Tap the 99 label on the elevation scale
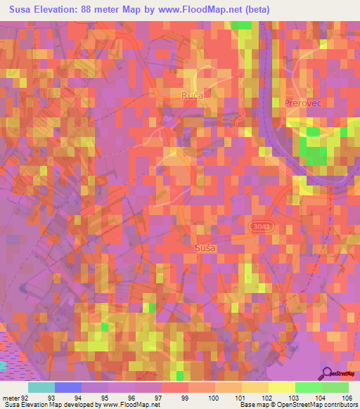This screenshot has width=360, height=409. (x=185, y=397)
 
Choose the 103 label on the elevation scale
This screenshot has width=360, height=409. (x=292, y=397)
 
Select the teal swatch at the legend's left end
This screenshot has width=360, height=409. (x=41, y=387)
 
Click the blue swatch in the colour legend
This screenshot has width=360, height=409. (x=68, y=387)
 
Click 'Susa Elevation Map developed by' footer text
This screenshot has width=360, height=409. (x=49, y=405)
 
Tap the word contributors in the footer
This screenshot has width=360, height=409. (x=341, y=405)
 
